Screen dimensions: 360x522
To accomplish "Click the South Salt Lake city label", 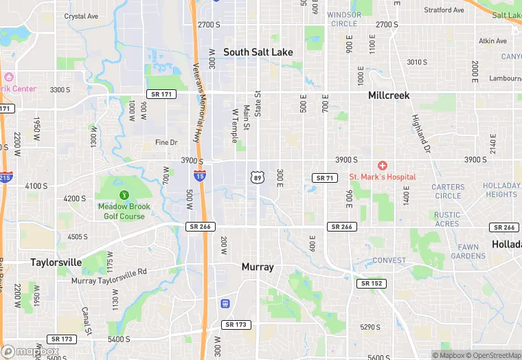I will (x=258, y=52).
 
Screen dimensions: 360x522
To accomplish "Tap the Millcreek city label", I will (x=389, y=95).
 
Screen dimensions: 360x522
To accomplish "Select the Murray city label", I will (x=258, y=267).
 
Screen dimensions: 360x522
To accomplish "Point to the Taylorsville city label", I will (x=56, y=262).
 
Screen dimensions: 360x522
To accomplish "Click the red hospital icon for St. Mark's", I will (x=383, y=166).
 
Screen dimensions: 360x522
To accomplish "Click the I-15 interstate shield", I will (x=199, y=176).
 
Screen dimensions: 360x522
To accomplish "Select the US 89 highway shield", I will (x=256, y=177).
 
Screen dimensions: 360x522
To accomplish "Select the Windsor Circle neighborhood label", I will (x=343, y=19).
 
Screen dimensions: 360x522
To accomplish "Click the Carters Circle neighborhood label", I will (x=448, y=191).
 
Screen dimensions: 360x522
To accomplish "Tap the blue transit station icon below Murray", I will (x=224, y=303).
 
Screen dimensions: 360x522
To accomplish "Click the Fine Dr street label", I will (x=166, y=142).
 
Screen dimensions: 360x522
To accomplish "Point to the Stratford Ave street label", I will (x=444, y=10).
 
